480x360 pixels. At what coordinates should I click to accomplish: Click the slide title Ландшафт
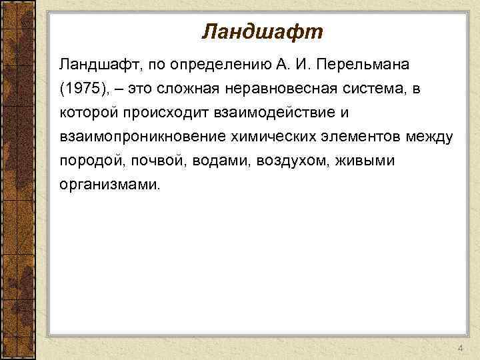(x=261, y=31)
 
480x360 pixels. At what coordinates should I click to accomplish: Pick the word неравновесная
(x=281, y=89)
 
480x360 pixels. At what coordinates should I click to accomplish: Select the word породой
(x=87, y=161)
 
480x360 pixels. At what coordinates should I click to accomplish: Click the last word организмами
(x=109, y=185)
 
